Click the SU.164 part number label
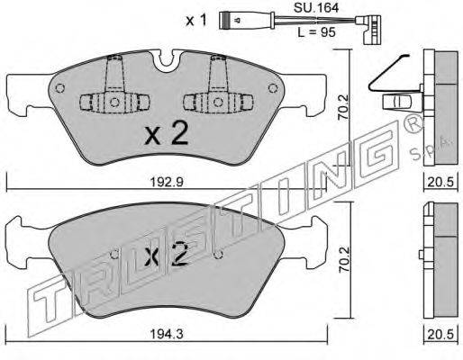coord(316,8)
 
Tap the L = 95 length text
coord(316,32)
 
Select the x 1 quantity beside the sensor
coord(196,21)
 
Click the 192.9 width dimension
coord(166,182)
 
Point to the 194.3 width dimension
coord(166,334)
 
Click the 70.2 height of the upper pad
coord(344,107)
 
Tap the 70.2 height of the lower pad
coord(344,260)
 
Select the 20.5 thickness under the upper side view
coord(440,182)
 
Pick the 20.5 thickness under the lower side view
coord(440,334)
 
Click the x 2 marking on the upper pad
coord(167,135)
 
